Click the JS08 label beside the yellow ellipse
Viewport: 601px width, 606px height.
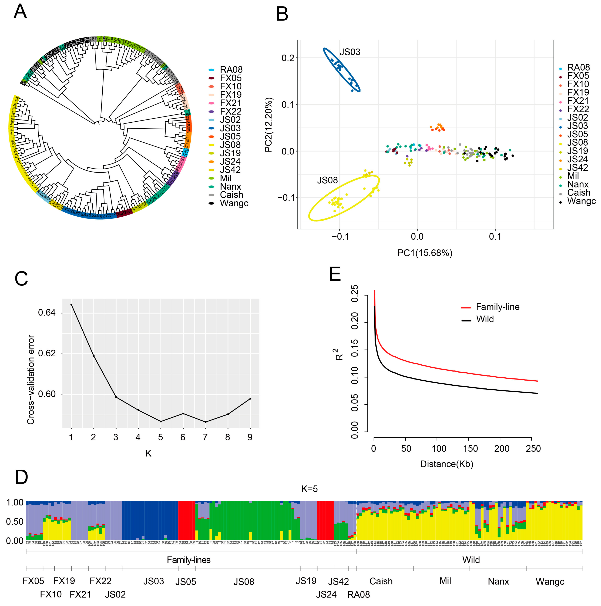tap(327, 180)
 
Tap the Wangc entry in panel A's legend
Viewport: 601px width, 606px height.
tap(234, 203)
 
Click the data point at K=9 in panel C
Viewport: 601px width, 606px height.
tap(250, 399)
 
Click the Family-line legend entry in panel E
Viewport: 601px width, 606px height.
tap(497, 307)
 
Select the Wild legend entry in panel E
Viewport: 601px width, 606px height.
tap(485, 319)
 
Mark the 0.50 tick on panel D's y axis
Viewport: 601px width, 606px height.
tap(15, 522)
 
